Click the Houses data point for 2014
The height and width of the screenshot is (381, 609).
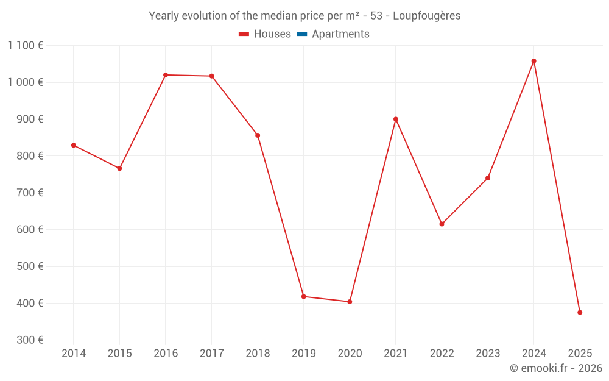coord(74,145)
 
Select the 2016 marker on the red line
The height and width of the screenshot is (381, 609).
coord(166,75)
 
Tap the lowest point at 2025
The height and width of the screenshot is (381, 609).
coord(580,312)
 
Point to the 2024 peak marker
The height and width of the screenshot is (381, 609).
coord(533,61)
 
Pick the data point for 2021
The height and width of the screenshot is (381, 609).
coord(396,119)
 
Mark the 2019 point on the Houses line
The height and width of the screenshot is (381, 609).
coord(303,296)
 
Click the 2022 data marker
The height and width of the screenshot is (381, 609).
coord(442,224)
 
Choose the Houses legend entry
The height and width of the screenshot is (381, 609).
coord(265,34)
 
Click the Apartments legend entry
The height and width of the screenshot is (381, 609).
coord(340,34)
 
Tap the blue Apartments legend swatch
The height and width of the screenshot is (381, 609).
coord(301,34)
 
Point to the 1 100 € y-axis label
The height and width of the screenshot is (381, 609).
coord(25,46)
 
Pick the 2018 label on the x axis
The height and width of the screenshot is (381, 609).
coord(258,354)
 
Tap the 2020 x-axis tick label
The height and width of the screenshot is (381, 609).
coord(350,354)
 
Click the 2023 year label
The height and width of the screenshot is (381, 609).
coord(488,354)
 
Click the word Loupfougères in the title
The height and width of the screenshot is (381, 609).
coord(426,16)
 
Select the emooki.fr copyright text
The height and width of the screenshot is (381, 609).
coord(555,368)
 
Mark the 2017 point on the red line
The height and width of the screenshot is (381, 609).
coord(211,76)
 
